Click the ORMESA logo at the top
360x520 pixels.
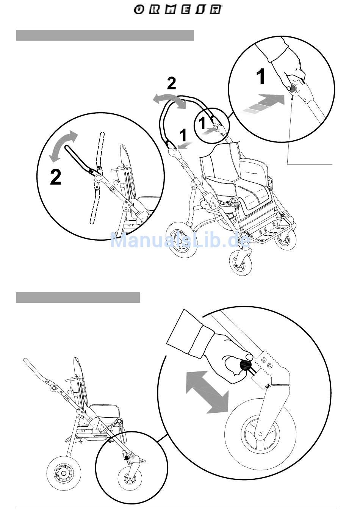click(178, 10)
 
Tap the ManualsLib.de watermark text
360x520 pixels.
click(180, 240)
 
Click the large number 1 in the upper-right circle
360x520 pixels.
click(261, 77)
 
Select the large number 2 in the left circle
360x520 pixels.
click(55, 177)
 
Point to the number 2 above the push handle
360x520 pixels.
click(172, 83)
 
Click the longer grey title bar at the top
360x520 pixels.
click(105, 35)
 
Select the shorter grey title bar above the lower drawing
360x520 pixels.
click(78, 298)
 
